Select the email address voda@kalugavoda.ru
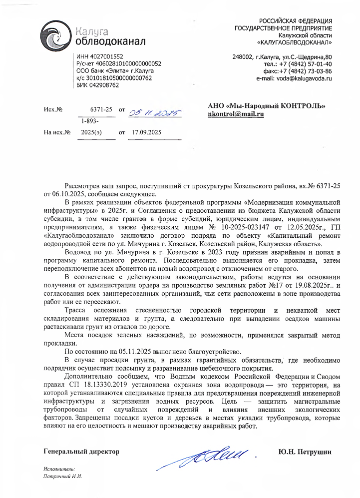(294, 78)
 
